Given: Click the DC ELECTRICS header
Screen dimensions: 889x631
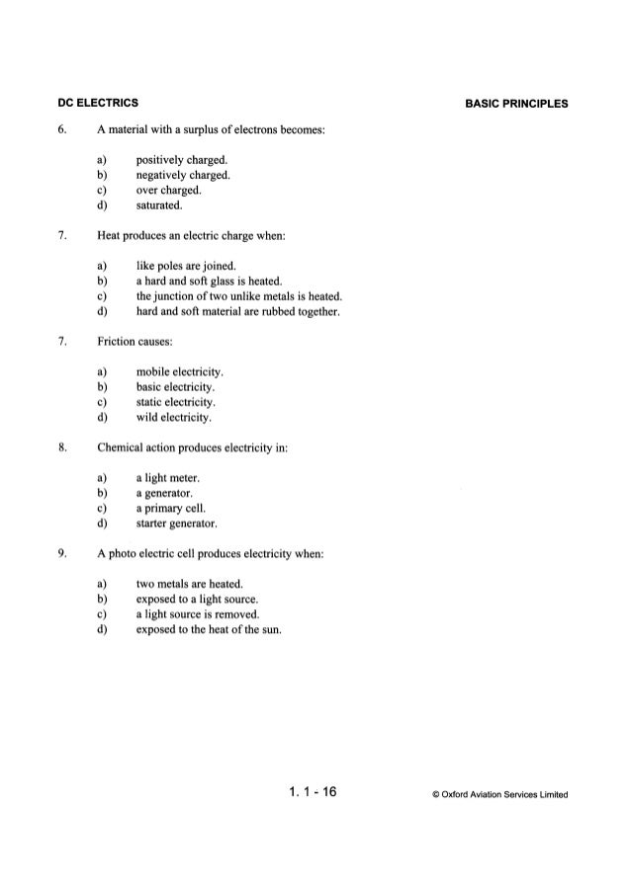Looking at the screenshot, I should pyautogui.click(x=97, y=103).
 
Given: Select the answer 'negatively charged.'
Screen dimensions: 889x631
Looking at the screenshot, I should pyautogui.click(x=183, y=175).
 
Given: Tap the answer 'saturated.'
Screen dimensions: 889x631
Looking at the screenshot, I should pyautogui.click(x=164, y=206).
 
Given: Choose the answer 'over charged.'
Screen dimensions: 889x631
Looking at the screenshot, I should pyautogui.click(x=170, y=191).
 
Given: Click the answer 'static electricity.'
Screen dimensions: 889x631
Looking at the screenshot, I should pyautogui.click(x=176, y=402).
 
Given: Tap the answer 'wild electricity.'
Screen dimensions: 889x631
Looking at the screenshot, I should pyautogui.click(x=174, y=418).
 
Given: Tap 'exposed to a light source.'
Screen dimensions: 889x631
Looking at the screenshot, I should pyautogui.click(x=197, y=599).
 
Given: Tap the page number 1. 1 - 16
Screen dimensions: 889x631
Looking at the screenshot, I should pyautogui.click(x=315, y=792).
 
